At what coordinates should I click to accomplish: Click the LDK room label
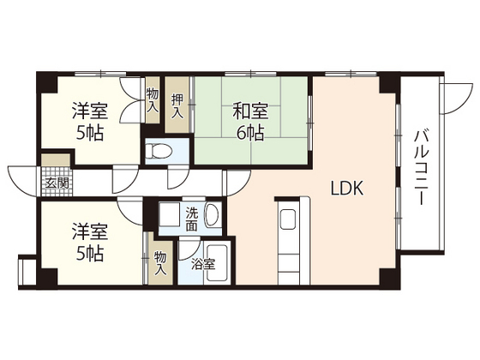[349, 189]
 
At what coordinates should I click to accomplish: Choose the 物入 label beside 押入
[153, 100]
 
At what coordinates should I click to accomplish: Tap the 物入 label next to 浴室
[160, 262]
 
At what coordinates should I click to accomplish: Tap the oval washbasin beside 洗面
[214, 216]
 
